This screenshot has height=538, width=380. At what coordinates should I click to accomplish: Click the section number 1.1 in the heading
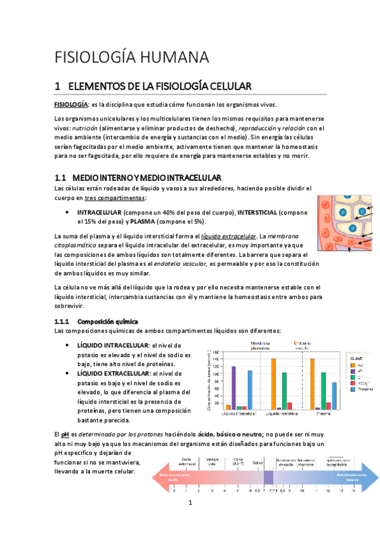61,177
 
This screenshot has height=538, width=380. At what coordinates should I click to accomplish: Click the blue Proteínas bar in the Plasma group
334,395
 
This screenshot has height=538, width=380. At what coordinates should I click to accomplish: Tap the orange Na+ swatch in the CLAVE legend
353,366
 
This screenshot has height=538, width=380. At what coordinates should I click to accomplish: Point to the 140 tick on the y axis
216,360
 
